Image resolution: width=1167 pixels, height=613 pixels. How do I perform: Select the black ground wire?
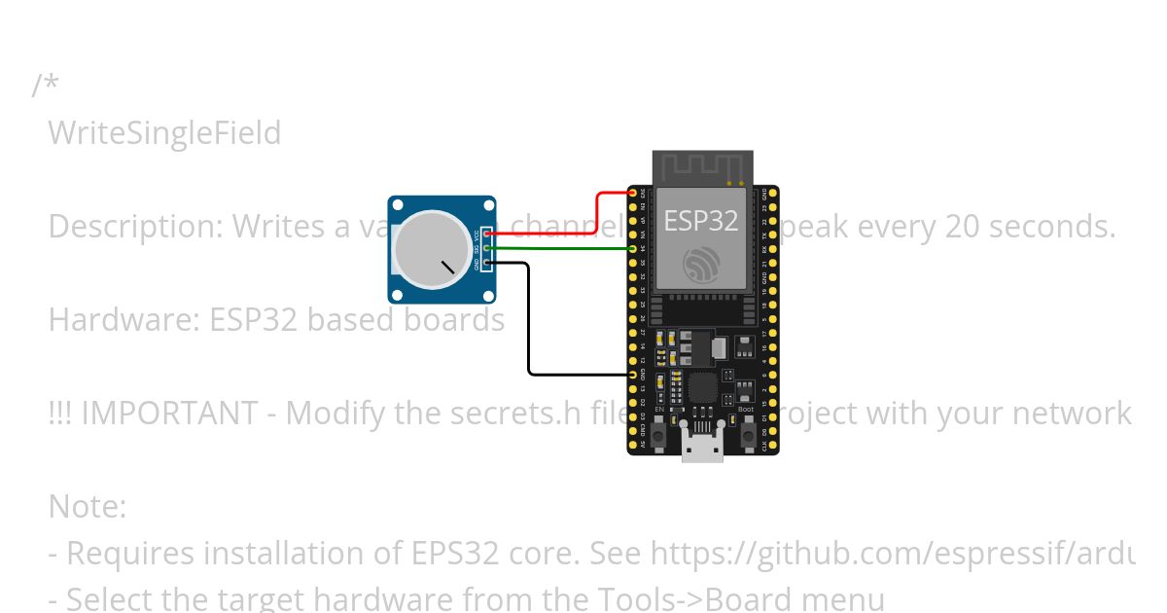point(529,321)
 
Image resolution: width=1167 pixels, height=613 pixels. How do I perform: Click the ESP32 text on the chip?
point(700,221)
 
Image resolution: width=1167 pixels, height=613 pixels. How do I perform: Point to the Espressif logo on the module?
point(700,264)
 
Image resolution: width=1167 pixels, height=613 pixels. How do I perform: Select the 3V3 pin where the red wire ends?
point(633,193)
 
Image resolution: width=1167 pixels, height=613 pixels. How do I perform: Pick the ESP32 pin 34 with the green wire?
point(633,249)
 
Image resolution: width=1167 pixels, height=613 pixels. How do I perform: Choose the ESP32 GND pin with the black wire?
point(633,375)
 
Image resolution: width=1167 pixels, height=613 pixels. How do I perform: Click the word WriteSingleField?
point(164,132)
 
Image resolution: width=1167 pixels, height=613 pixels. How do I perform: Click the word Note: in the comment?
point(87,506)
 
